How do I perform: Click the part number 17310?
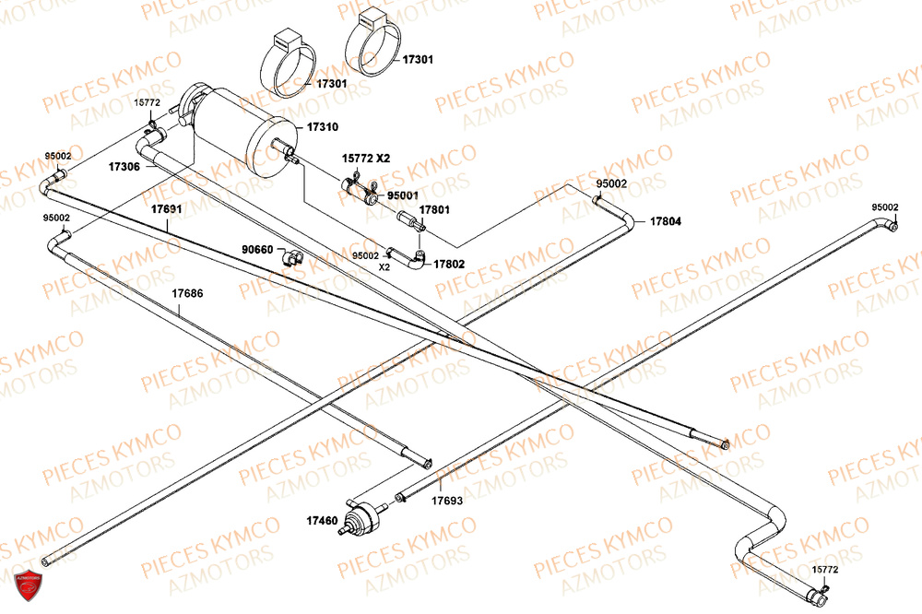(323, 127)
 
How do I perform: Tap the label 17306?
(124, 167)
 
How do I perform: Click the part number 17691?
(166, 209)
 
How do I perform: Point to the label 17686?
(187, 293)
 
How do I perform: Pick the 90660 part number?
(257, 250)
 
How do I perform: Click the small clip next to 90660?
(291, 257)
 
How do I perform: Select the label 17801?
(434, 210)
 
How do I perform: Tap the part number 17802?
(449, 265)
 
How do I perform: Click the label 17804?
(666, 221)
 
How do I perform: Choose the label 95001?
(403, 195)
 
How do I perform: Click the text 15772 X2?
(366, 159)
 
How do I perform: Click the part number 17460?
(322, 521)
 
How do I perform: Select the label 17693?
(447, 501)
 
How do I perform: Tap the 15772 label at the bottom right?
(825, 570)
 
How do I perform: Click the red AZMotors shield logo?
(29, 584)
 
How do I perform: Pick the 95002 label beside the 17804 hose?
(611, 184)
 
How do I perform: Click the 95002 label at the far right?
(885, 207)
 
